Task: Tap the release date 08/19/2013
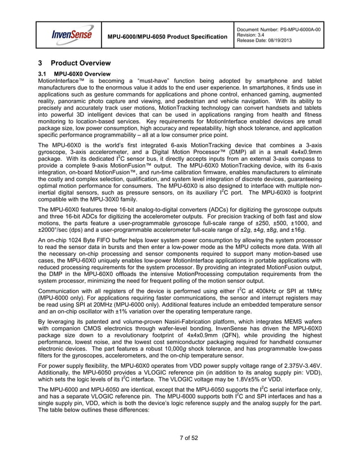coord(280,41)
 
